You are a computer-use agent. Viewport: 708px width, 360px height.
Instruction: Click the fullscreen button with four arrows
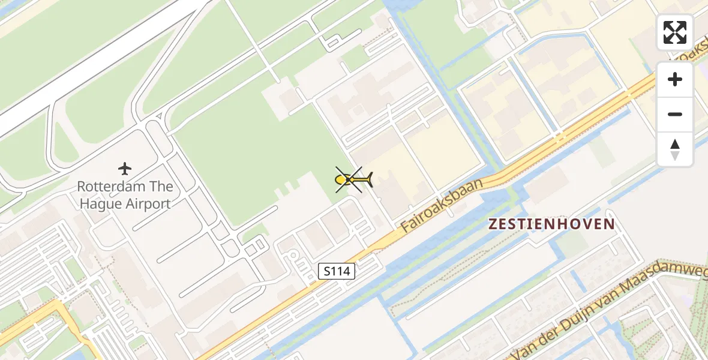[675, 32]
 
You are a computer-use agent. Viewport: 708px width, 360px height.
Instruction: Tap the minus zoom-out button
[675, 114]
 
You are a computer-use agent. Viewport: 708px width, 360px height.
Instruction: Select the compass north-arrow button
[675, 149]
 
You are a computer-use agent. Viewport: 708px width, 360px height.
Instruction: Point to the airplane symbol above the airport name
[125, 169]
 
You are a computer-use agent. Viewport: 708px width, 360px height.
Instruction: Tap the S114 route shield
[336, 272]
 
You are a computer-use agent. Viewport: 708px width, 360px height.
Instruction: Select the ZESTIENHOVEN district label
[551, 224]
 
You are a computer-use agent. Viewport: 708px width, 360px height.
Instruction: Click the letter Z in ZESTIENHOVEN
[493, 224]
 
